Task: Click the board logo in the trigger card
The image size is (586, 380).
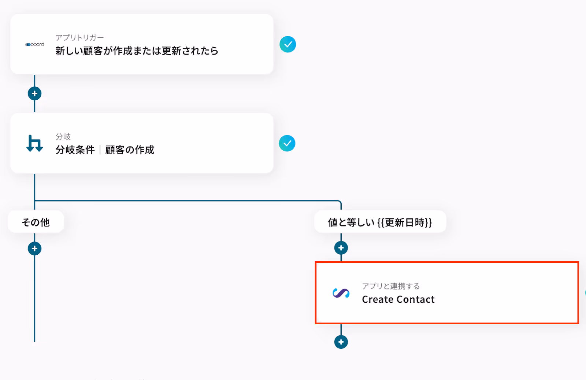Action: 35,44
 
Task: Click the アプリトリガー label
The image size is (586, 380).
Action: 79,38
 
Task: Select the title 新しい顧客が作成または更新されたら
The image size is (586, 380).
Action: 137,51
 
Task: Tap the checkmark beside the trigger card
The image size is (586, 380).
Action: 288,44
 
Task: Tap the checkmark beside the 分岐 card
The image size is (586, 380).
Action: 287,143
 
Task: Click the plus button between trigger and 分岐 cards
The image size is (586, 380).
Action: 34,93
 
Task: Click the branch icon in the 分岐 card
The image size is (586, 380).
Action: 35,143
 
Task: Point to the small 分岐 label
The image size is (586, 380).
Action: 63,137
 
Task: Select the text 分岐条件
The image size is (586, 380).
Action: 75,150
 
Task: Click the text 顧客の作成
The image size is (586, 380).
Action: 130,150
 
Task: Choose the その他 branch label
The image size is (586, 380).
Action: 36,222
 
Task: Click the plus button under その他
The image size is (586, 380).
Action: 34,248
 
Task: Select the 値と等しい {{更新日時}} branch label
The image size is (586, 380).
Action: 380,222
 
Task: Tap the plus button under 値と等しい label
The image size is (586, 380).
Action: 341,248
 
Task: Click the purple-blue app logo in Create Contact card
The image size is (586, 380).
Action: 341,293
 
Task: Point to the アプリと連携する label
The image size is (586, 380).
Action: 391,286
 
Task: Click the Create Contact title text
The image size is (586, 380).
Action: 398,299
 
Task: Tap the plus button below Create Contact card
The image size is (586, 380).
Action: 341,342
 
